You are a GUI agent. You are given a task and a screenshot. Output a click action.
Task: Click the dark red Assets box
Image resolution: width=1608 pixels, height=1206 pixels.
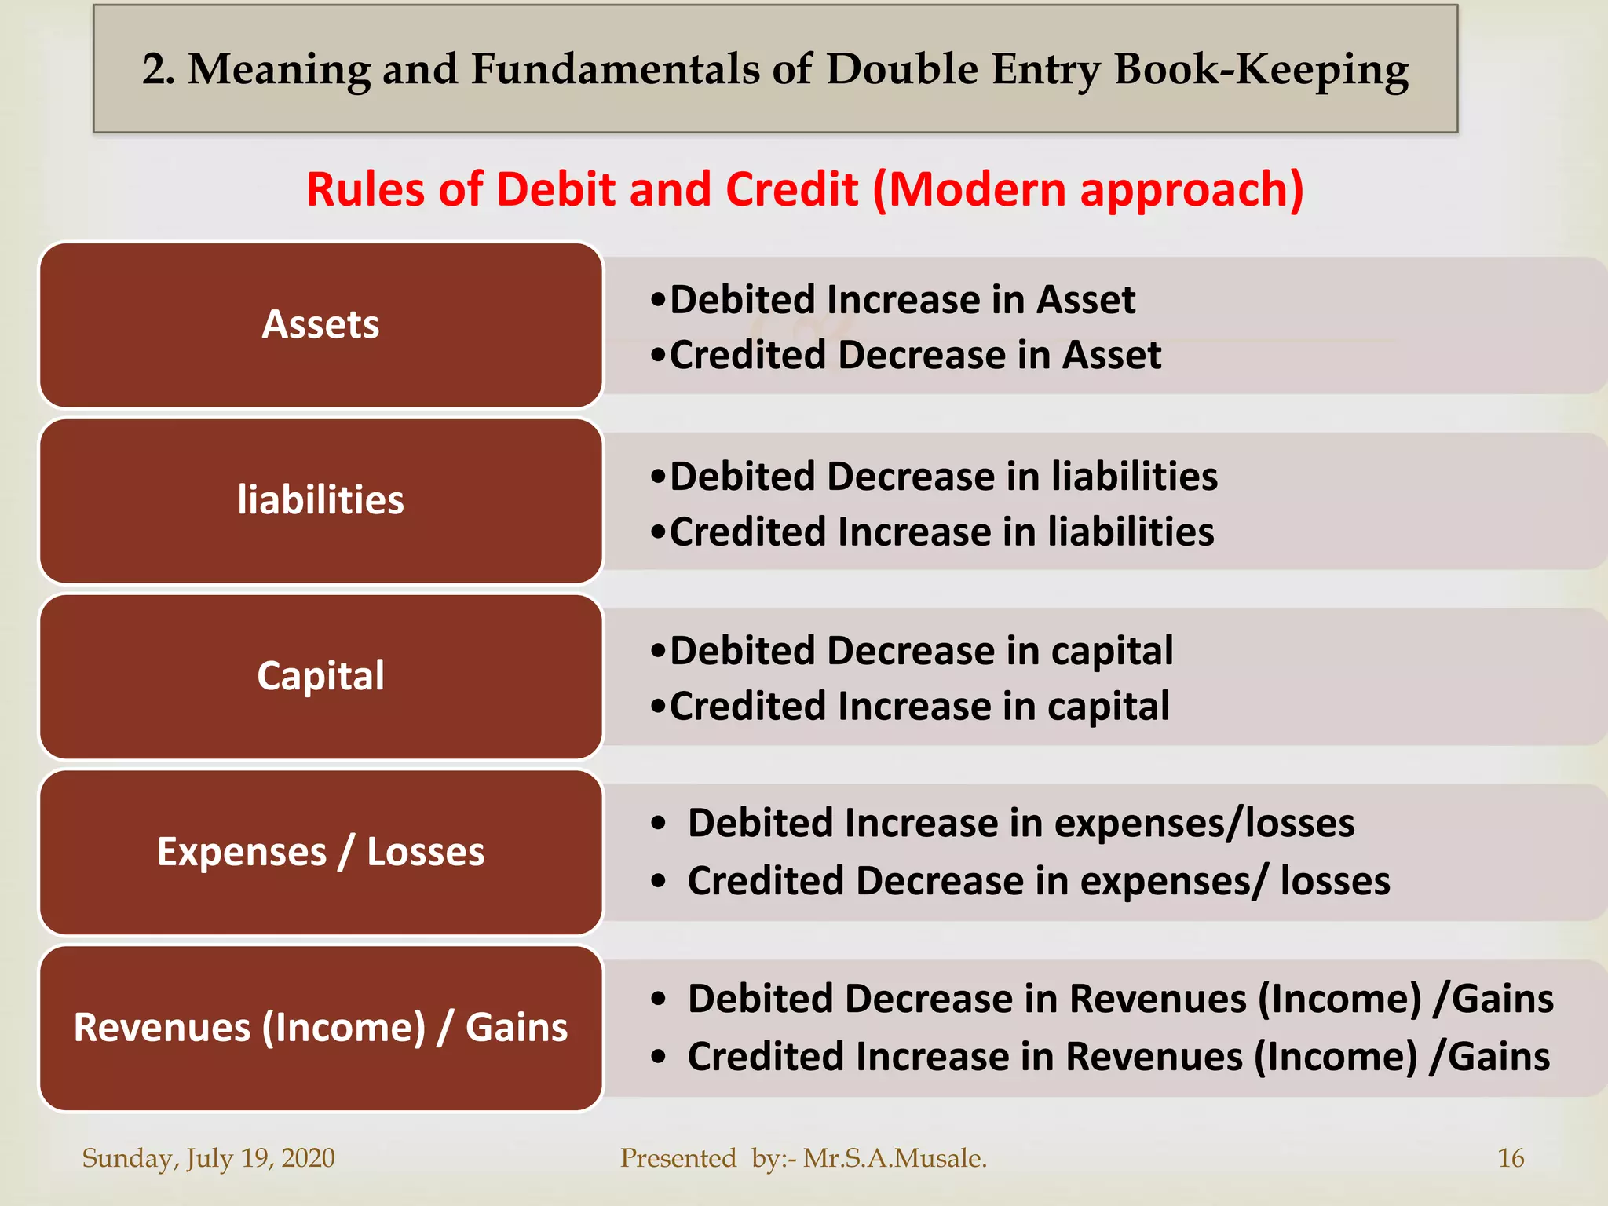point(320,325)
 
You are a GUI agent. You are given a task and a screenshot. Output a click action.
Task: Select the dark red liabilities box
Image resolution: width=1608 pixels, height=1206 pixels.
point(320,501)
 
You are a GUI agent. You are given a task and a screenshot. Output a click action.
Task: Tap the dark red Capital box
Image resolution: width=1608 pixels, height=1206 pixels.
point(320,677)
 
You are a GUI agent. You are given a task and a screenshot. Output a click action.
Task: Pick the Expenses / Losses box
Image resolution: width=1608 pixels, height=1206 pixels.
point(320,853)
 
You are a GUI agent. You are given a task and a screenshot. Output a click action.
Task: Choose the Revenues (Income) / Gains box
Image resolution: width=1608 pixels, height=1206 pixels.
point(320,1029)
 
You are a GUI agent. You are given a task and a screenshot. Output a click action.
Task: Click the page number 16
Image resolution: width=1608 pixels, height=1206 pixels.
point(1511,1158)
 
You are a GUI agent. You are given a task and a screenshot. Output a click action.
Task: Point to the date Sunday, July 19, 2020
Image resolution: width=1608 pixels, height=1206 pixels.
point(209,1158)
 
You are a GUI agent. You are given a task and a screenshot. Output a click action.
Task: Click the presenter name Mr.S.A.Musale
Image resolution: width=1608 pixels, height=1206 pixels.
point(895,1158)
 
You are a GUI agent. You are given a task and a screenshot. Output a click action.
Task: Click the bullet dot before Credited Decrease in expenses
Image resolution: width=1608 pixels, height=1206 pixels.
point(659,882)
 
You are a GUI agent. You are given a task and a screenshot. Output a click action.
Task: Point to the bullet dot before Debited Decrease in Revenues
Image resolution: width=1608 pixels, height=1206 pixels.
point(659,1000)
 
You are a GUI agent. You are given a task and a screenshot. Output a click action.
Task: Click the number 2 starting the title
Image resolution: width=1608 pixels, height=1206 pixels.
point(155,70)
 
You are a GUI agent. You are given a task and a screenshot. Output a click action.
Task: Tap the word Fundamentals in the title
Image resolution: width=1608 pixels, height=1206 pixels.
point(615,70)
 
